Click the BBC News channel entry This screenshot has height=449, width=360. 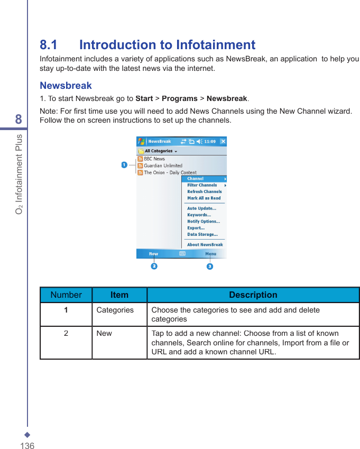click(154, 159)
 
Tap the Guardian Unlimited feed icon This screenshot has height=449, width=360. click(140, 166)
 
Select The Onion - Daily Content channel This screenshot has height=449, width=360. click(170, 172)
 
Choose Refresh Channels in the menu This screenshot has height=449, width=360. click(204, 191)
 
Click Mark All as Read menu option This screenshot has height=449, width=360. click(204, 198)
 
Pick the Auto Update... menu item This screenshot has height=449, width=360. click(201, 208)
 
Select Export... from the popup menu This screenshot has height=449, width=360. click(196, 228)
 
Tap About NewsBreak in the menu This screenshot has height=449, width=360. click(205, 245)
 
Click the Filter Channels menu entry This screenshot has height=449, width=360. click(202, 185)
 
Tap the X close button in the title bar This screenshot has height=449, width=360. click(223, 141)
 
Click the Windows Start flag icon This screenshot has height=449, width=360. click(141, 141)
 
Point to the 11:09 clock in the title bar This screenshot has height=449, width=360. click(210, 142)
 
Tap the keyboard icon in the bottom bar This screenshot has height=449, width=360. click(182, 254)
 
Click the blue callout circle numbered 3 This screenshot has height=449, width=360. click(210, 267)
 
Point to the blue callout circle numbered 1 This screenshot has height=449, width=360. click(124, 165)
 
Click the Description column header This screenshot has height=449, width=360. click(253, 295)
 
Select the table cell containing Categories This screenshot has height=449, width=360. click(115, 310)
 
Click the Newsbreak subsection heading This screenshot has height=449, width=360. click(66, 86)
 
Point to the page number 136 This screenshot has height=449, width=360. click(27, 446)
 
